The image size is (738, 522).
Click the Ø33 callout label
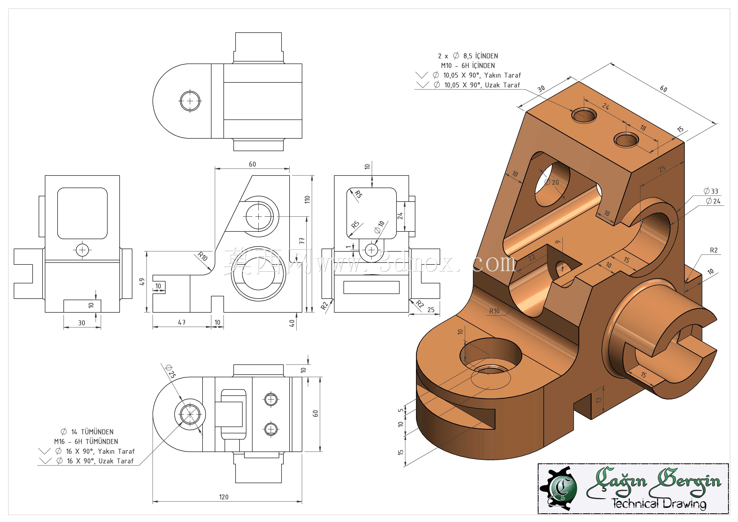[711, 191]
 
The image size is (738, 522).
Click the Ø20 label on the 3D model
[552, 182]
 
